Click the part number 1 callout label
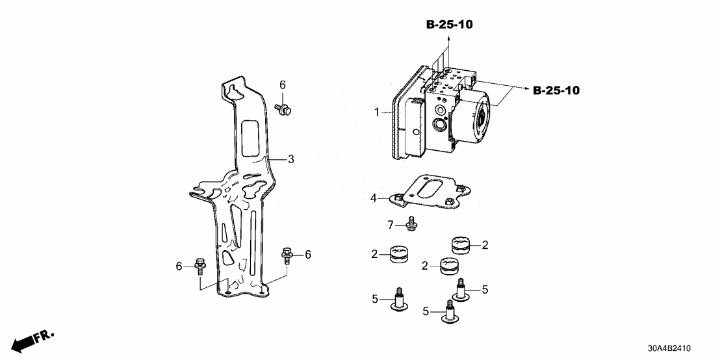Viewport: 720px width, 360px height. (x=376, y=112)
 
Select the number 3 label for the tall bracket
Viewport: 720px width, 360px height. (x=291, y=159)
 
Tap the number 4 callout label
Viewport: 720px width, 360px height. (x=373, y=198)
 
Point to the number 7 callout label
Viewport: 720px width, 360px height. (x=391, y=225)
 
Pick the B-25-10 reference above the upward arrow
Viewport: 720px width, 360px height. (x=449, y=25)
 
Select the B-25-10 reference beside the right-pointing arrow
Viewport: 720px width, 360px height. (x=556, y=90)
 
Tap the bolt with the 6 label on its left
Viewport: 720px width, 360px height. (x=199, y=266)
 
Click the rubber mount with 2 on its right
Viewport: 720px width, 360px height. (x=461, y=246)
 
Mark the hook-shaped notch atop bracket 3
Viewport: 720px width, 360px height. (x=231, y=89)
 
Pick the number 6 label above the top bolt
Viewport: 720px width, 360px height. (x=283, y=85)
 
